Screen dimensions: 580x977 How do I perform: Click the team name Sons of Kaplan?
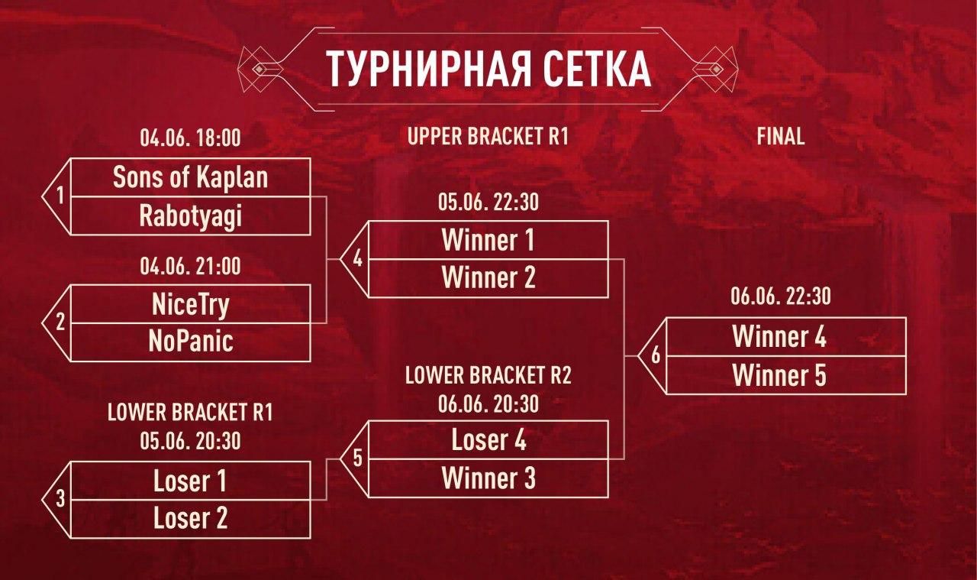pyautogui.click(x=190, y=177)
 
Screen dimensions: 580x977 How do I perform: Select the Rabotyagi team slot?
pyautogui.click(x=190, y=215)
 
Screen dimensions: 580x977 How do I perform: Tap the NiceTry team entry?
pyautogui.click(x=190, y=304)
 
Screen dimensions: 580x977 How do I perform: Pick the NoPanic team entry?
pyautogui.click(x=190, y=341)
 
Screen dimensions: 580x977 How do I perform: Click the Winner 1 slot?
pyautogui.click(x=488, y=241)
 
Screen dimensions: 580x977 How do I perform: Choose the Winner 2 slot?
pyautogui.click(x=488, y=278)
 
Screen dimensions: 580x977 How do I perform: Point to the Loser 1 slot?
pyautogui.click(x=190, y=481)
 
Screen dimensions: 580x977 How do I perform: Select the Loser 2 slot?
pyautogui.click(x=190, y=519)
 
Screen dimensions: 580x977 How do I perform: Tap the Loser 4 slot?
pyautogui.click(x=488, y=440)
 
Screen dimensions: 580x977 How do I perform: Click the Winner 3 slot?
pyautogui.click(x=488, y=478)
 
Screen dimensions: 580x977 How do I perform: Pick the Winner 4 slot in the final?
pyautogui.click(x=779, y=337)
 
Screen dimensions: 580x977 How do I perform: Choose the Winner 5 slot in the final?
pyautogui.click(x=779, y=375)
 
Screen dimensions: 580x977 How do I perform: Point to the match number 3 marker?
pyautogui.click(x=60, y=501)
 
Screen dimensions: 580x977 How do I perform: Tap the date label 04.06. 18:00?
pyautogui.click(x=190, y=138)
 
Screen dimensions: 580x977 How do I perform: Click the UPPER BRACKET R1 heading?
pyautogui.click(x=488, y=137)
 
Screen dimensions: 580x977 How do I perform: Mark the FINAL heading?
pyautogui.click(x=781, y=137)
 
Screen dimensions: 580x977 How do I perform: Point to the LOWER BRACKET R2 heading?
pyautogui.click(x=488, y=376)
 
